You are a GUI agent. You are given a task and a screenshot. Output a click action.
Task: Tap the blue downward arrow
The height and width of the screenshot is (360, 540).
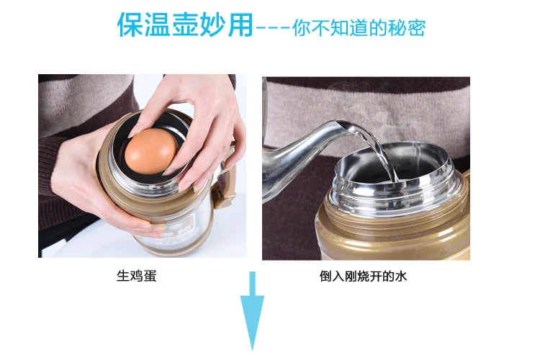(253, 311)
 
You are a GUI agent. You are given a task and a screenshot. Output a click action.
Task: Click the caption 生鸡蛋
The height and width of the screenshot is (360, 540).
(136, 276)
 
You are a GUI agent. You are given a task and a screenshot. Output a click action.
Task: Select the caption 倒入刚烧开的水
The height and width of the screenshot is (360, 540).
(363, 276)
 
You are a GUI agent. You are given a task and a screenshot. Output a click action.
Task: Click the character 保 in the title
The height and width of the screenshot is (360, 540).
(130, 24)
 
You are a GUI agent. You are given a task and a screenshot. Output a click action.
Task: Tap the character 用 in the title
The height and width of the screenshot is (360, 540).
(240, 24)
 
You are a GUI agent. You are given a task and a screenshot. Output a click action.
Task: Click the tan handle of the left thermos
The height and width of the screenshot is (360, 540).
(225, 179)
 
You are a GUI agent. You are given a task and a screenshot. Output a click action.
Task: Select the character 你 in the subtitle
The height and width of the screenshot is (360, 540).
(302, 28)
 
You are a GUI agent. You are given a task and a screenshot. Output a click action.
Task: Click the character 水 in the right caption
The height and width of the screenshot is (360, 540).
(401, 276)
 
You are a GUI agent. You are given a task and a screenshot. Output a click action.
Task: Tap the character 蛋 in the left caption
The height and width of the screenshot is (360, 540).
(150, 276)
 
